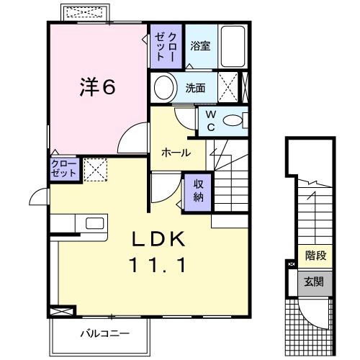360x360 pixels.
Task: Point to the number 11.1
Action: pyautogui.click(x=159, y=266)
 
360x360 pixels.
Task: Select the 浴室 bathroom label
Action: pyautogui.click(x=201, y=45)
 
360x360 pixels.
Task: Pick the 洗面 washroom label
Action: pyautogui.click(x=195, y=89)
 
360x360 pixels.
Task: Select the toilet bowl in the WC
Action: pyautogui.click(x=233, y=121)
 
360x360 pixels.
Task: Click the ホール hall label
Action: pyautogui.click(x=176, y=153)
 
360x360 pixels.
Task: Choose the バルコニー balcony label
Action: pyautogui.click(x=104, y=333)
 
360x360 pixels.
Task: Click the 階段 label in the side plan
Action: pyautogui.click(x=315, y=254)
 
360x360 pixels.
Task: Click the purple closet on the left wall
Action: pyautogui.click(x=63, y=170)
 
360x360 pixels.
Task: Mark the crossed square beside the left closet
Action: pyautogui.click(x=94, y=170)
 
